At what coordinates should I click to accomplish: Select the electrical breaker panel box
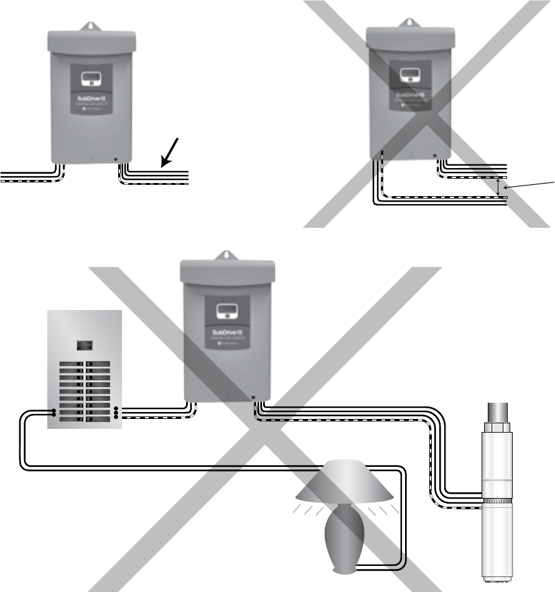tap(84, 370)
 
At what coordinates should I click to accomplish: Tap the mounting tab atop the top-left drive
tap(91, 27)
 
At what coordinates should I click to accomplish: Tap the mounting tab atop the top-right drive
tap(409, 23)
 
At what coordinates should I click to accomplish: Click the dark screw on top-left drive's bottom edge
tap(116, 159)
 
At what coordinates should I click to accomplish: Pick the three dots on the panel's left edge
tap(54, 412)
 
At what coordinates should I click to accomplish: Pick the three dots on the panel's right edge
tap(116, 412)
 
